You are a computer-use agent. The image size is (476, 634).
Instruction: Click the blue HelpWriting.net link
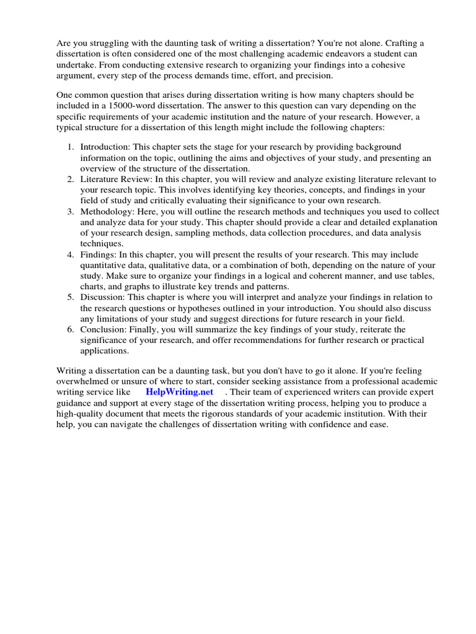coord(179,392)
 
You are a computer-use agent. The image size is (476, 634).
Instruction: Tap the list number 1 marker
coord(70,147)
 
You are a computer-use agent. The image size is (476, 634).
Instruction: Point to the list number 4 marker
coord(70,254)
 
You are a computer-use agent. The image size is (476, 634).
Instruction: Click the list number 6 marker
coord(70,329)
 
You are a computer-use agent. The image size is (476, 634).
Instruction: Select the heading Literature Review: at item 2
coord(117,180)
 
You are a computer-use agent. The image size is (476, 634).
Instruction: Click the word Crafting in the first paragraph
coord(396,43)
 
